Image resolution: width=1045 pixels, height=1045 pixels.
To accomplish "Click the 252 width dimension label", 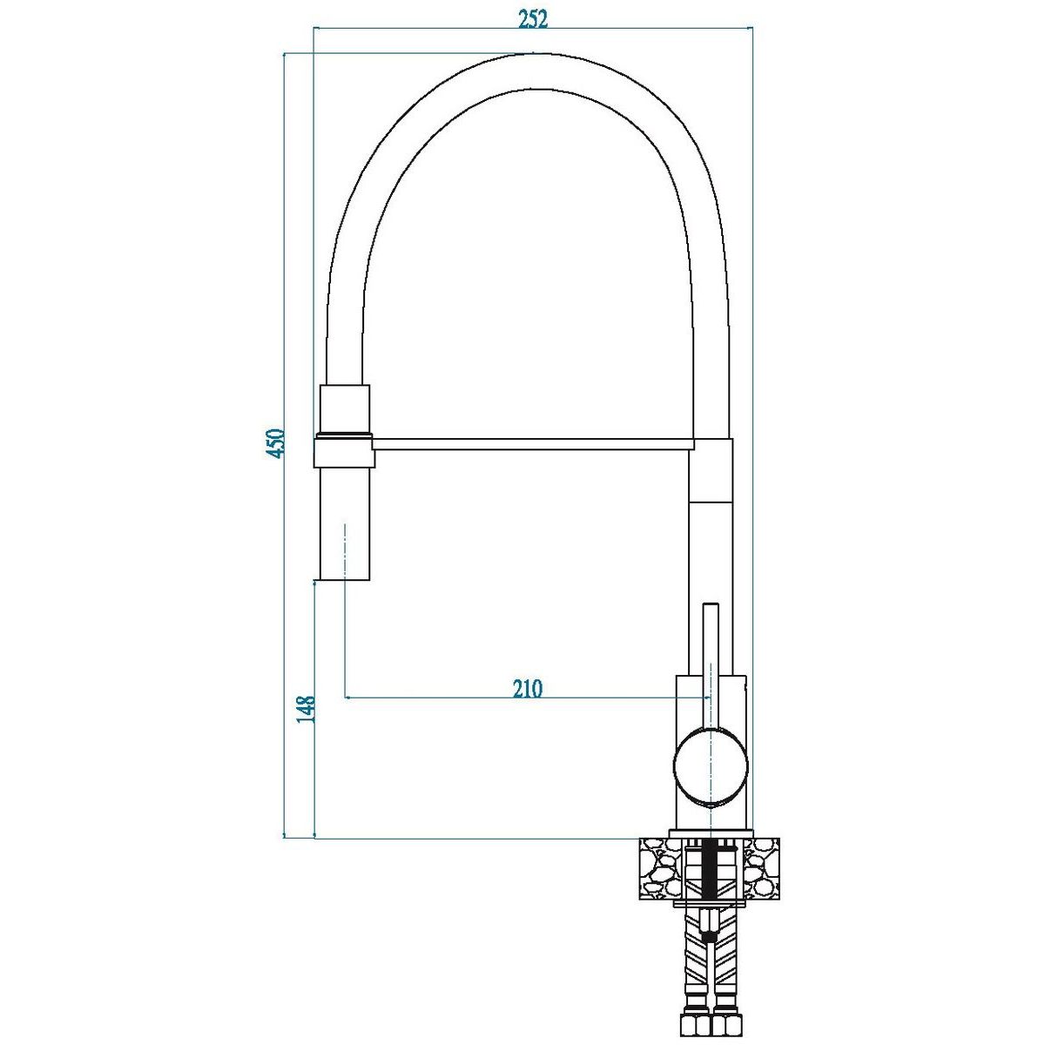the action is coord(533,18).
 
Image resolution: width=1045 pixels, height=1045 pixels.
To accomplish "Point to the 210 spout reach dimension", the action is coord(527,689).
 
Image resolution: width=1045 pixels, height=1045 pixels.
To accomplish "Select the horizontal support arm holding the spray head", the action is coord(532,442).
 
